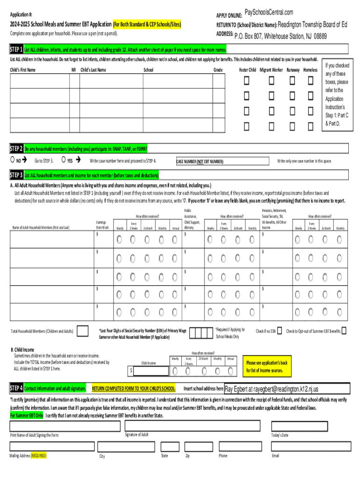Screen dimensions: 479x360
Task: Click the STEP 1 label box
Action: (x=17, y=50)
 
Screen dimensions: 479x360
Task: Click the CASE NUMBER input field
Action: (x=248, y=161)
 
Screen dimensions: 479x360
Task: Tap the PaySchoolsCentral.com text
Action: (x=269, y=12)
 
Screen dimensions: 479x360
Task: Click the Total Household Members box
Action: (x=82, y=331)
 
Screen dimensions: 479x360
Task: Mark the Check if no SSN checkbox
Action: (x=279, y=331)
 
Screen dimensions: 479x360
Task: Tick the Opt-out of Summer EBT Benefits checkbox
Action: (x=344, y=331)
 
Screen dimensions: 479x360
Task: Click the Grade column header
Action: (x=218, y=70)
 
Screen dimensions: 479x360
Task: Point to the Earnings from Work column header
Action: (x=102, y=225)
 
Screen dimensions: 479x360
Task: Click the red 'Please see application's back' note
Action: (x=267, y=367)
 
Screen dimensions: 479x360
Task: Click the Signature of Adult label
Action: (x=137, y=435)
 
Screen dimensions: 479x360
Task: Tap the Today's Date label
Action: (x=280, y=435)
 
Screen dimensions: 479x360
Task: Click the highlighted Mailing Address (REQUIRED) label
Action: (x=28, y=455)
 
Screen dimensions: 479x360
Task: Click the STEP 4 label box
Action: (x=17, y=388)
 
